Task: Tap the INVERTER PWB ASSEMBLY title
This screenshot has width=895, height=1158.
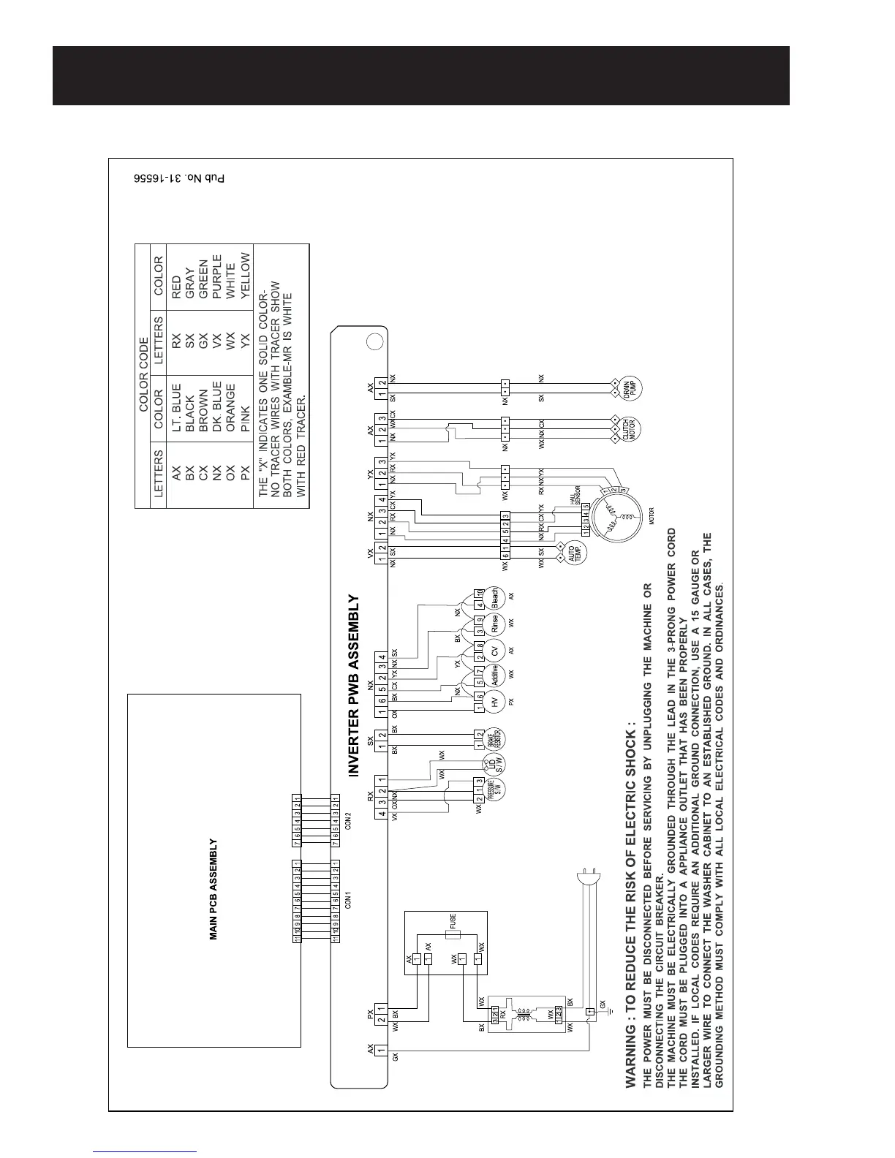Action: [x=354, y=684]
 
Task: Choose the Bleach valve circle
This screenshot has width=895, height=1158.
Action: [x=494, y=598]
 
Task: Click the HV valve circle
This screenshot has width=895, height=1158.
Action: [x=494, y=703]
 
